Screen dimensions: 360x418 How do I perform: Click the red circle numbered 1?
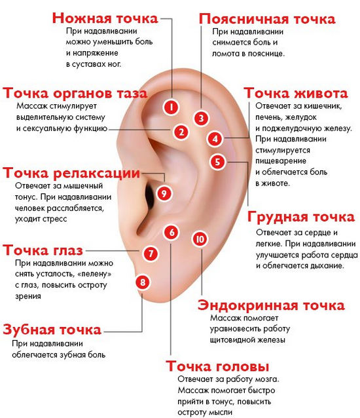pyautogui.click(x=171, y=107)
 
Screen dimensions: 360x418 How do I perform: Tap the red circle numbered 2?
pyautogui.click(x=181, y=132)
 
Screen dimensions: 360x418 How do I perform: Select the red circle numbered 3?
pyautogui.click(x=201, y=118)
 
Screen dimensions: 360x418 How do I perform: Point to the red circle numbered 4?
pyautogui.click(x=215, y=139)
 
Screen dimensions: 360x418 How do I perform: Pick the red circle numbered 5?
pyautogui.click(x=217, y=162)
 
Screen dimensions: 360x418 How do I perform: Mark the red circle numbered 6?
pyautogui.click(x=171, y=232)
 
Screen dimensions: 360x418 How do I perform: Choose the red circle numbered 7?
pyautogui.click(x=151, y=253)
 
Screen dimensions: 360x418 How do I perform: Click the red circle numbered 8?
pyautogui.click(x=143, y=282)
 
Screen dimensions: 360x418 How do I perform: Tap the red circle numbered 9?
pyautogui.click(x=164, y=193)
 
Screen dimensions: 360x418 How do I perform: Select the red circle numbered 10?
pyautogui.click(x=200, y=239)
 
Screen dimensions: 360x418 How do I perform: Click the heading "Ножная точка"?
pyautogui.click(x=105, y=18)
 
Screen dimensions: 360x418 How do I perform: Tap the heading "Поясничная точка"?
pyautogui.click(x=267, y=19)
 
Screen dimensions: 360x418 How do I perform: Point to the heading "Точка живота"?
pyautogui.click(x=296, y=93)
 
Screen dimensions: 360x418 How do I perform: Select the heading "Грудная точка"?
pyautogui.click(x=301, y=217)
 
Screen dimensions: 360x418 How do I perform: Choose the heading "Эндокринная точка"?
pyautogui.click(x=271, y=305)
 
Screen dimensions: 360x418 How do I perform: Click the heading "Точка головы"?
pyautogui.click(x=217, y=366)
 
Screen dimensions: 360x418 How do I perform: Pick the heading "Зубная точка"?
pyautogui.click(x=52, y=330)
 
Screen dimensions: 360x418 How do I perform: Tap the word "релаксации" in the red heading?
pyautogui.click(x=97, y=173)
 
